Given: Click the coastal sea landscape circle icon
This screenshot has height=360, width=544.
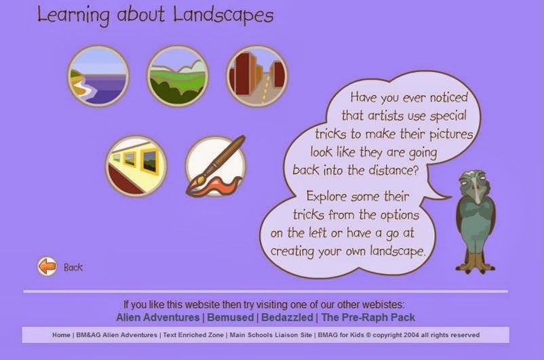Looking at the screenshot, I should [98, 77].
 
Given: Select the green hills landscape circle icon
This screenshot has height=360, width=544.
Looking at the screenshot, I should [177, 77].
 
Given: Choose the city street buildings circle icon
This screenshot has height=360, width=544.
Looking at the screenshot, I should [256, 77].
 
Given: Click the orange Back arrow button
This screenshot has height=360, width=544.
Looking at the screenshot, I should [47, 266].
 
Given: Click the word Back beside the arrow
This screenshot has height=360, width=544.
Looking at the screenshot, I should [73, 267].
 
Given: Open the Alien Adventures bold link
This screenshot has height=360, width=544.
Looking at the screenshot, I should [157, 317].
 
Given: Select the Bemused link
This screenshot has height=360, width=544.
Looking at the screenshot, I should [229, 317].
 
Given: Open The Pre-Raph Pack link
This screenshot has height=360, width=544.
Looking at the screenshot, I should [368, 317].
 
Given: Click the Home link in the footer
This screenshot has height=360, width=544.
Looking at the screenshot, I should [61, 335].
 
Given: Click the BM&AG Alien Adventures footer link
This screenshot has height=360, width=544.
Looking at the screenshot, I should [116, 335].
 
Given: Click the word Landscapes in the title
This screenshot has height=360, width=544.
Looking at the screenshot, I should [223, 15].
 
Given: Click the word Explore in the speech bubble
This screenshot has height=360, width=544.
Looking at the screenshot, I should [330, 197].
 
